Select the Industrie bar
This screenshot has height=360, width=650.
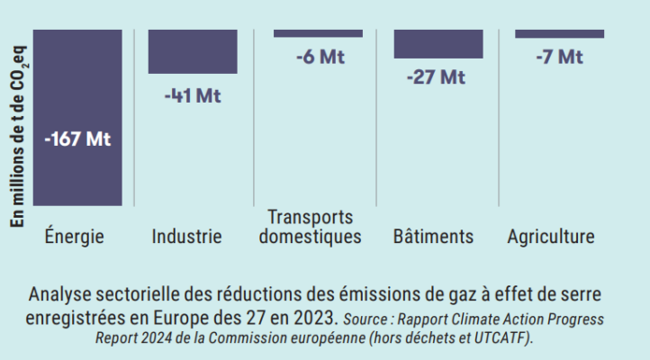coord(193,51)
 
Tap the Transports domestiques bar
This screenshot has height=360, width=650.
coord(318,34)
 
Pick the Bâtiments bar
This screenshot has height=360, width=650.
coord(438,44)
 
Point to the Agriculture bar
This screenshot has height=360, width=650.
coord(559,34)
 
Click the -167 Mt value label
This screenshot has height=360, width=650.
coord(77,139)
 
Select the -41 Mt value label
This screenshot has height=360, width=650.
coord(193,96)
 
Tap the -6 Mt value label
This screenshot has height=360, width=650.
coord(320,57)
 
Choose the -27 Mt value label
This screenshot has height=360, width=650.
coord(436,77)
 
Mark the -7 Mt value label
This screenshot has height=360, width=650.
coord(559,57)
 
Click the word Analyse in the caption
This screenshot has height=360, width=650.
coord(60,294)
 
